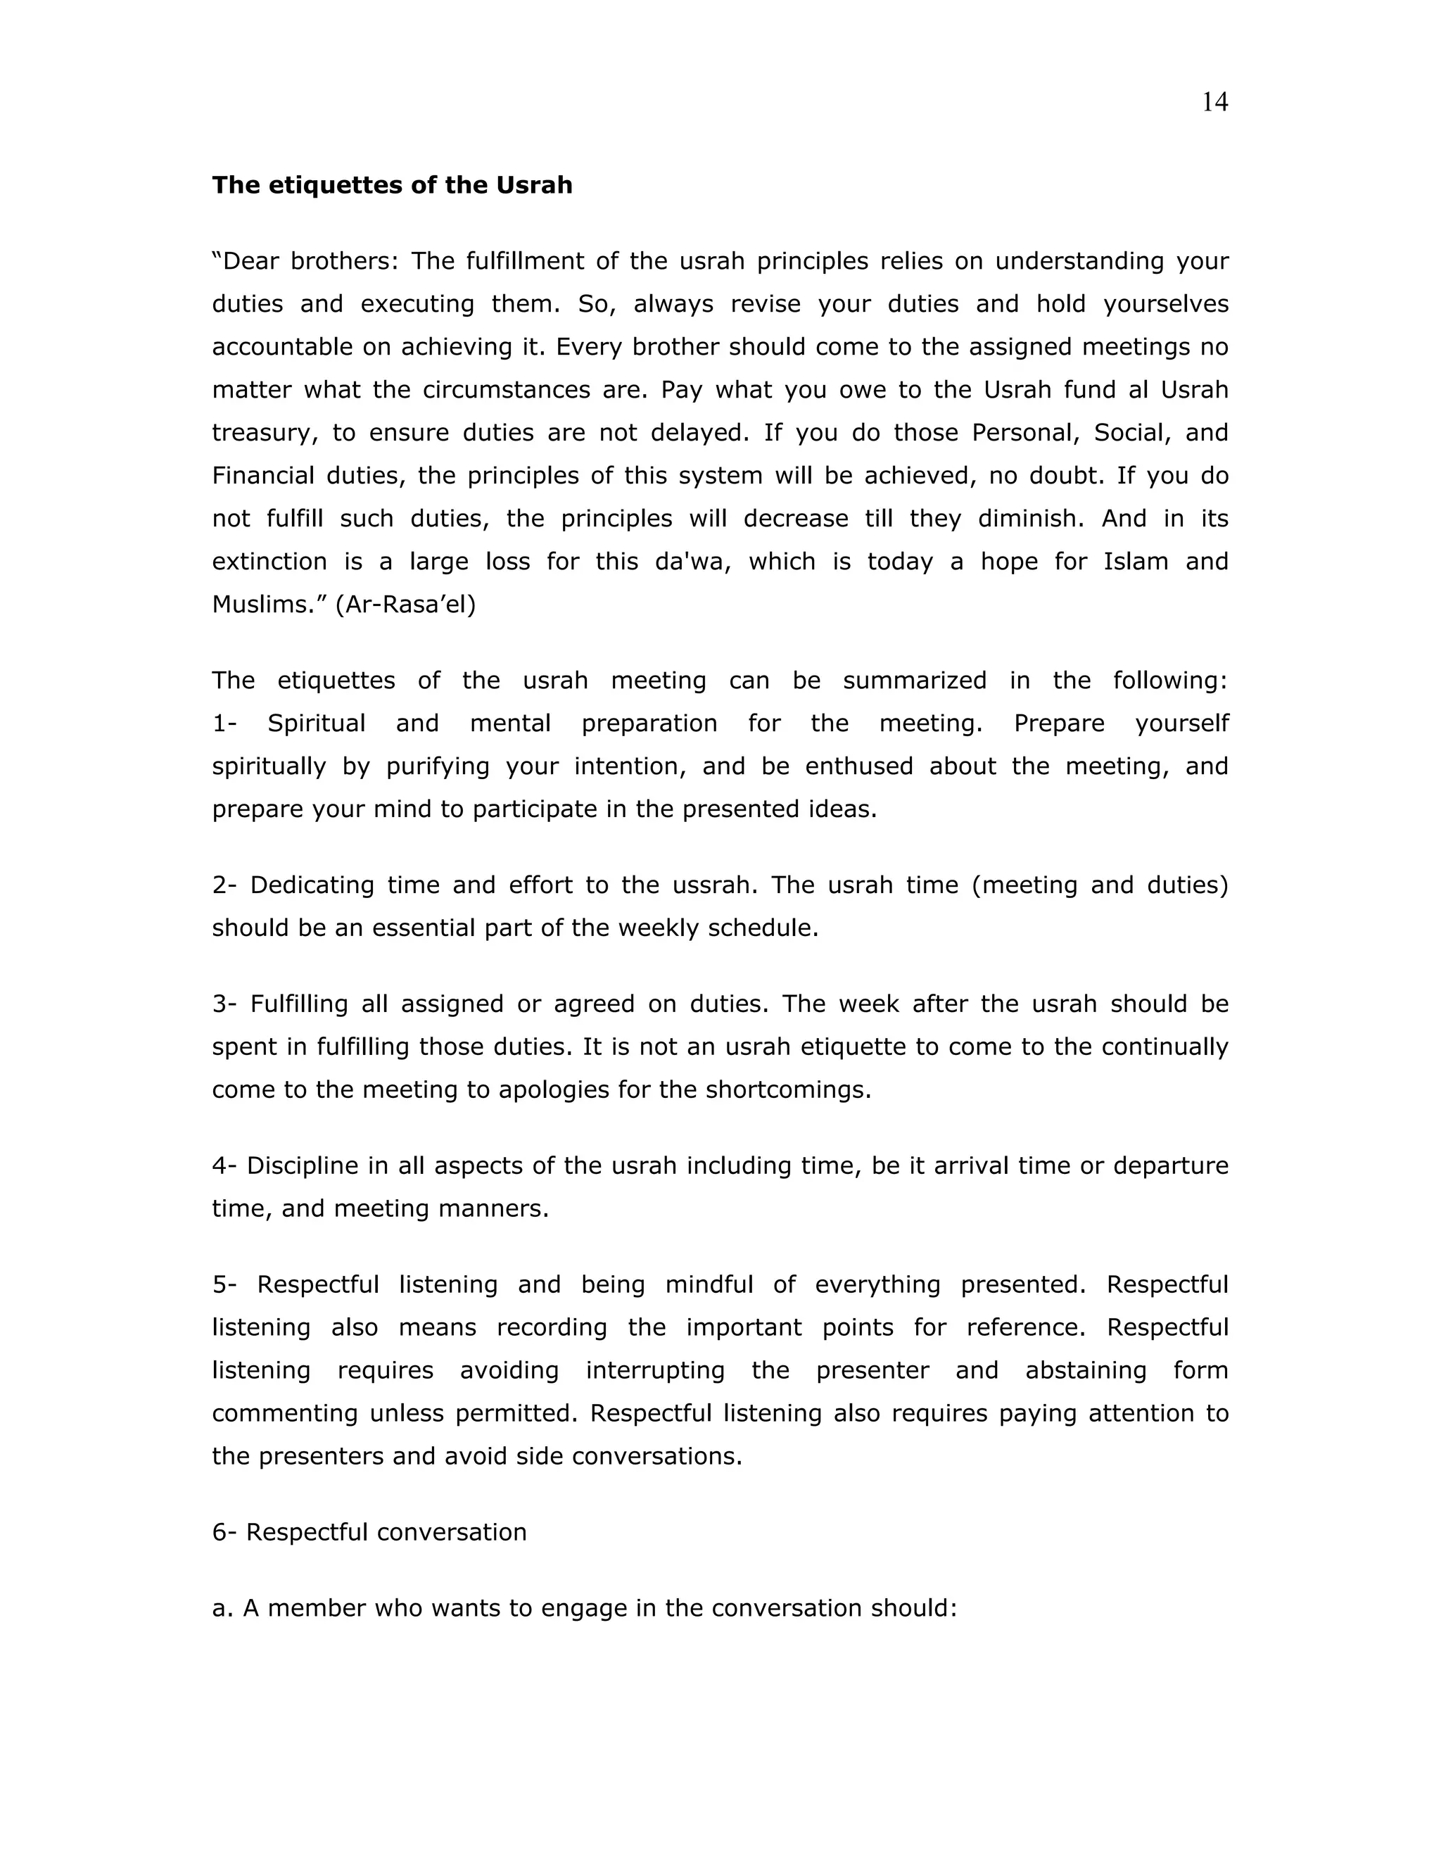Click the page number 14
point(1214,103)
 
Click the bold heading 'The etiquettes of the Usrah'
point(392,185)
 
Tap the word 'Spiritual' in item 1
point(316,723)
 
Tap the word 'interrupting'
point(655,1370)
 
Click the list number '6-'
point(224,1532)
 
